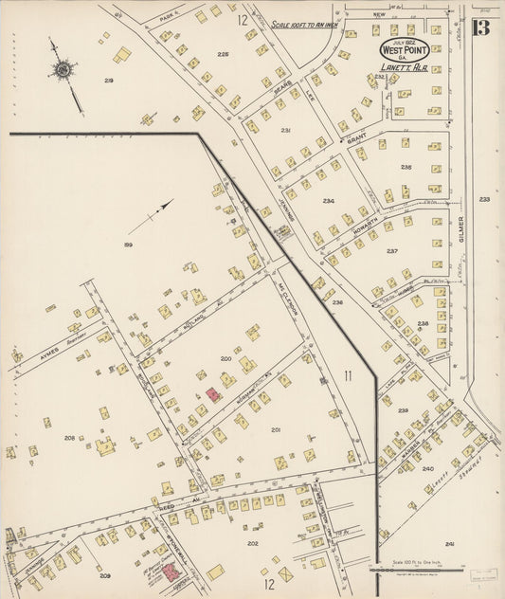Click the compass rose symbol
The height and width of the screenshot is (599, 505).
click(63, 69)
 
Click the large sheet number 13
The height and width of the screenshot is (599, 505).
click(481, 27)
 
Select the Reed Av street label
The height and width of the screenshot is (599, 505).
click(167, 508)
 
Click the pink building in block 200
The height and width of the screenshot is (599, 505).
click(213, 393)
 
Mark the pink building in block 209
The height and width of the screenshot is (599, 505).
click(170, 572)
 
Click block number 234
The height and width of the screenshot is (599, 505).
click(329, 201)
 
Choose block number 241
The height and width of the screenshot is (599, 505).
click(449, 544)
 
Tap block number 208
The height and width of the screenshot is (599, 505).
click(70, 438)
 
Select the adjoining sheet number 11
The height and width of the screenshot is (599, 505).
click(348, 376)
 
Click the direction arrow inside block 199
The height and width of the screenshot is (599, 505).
click(152, 216)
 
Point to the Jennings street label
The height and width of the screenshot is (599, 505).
click(284, 218)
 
